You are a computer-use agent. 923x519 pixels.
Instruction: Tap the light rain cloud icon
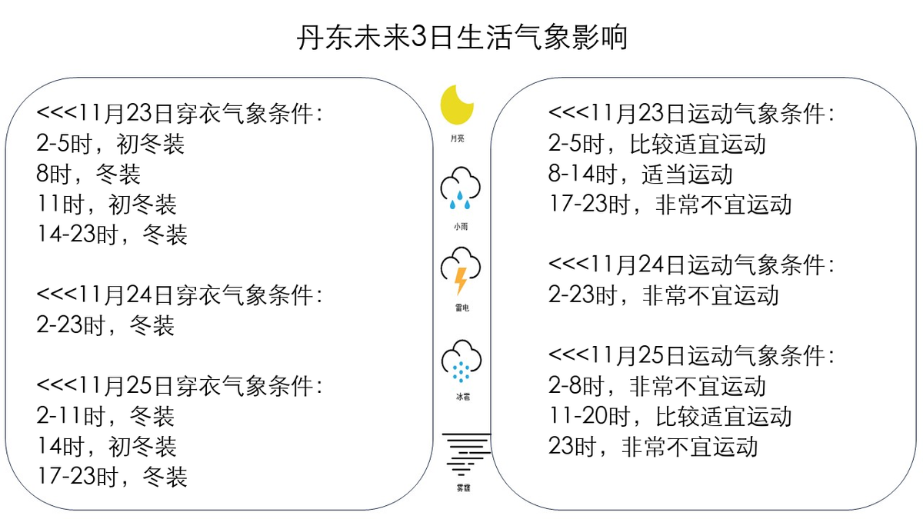click(x=461, y=189)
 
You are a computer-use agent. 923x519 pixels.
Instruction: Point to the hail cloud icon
click(x=461, y=361)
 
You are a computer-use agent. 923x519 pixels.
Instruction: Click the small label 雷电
click(x=461, y=308)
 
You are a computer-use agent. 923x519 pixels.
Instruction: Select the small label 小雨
click(x=461, y=227)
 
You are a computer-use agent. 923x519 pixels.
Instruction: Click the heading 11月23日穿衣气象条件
click(x=179, y=114)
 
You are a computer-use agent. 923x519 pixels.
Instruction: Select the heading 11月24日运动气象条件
click(x=691, y=265)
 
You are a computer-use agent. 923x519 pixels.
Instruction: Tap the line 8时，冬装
click(x=88, y=175)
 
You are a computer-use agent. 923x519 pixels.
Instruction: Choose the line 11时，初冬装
click(x=107, y=205)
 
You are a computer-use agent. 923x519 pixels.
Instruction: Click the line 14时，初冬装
click(x=107, y=447)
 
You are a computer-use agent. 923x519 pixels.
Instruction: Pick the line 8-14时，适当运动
click(x=641, y=175)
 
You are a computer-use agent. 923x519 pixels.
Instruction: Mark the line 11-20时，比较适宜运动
click(x=670, y=417)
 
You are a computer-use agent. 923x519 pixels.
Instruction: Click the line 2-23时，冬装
click(x=106, y=325)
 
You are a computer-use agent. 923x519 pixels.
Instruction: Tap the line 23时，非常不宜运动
click(x=653, y=447)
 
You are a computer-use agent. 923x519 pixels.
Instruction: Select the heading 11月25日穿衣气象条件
click(x=179, y=386)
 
